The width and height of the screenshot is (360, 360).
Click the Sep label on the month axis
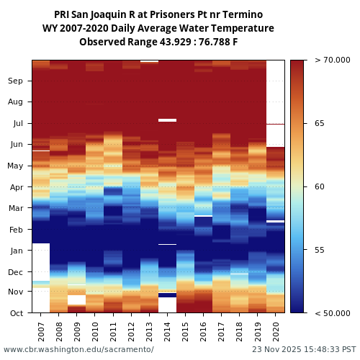[16, 81]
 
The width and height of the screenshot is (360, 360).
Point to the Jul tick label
[16, 124]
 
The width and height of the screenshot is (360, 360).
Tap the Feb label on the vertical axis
[16, 230]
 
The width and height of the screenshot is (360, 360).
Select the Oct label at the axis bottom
[16, 313]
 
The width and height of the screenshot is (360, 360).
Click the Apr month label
[16, 187]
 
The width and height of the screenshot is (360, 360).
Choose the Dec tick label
[16, 272]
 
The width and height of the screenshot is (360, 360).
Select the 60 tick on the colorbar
[319, 187]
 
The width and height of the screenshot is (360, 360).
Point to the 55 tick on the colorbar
[319, 250]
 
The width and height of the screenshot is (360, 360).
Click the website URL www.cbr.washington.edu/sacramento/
[78, 349]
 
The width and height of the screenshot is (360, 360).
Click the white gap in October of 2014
[167, 305]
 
